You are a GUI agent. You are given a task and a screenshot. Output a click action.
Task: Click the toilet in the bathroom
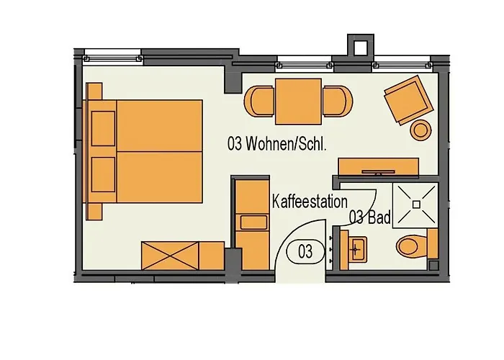(x=413, y=247)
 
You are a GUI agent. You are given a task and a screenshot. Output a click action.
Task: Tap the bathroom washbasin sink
(x=357, y=249)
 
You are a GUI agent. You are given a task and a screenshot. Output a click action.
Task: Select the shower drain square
(x=416, y=204)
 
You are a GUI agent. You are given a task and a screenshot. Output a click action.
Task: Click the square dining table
(x=298, y=102)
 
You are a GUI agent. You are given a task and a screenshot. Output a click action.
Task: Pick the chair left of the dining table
(x=259, y=101)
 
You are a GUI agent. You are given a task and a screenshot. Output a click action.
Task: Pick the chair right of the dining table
(x=338, y=101)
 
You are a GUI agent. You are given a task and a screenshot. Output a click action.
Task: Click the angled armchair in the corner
(x=409, y=99)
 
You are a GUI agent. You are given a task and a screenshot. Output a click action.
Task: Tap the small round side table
(x=420, y=130)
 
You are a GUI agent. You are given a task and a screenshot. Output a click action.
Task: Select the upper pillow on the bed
(x=103, y=129)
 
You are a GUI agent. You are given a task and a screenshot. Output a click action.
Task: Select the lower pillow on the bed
(x=103, y=174)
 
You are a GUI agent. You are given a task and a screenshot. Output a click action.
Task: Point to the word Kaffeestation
(x=310, y=202)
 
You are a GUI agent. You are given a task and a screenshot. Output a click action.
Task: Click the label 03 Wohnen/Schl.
(x=277, y=144)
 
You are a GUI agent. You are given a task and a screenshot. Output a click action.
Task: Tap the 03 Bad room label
(x=369, y=217)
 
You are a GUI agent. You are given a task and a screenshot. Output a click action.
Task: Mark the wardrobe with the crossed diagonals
(x=170, y=256)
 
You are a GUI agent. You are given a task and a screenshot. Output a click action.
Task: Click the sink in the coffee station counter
(x=253, y=222)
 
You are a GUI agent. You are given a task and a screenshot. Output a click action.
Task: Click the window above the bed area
(x=112, y=58)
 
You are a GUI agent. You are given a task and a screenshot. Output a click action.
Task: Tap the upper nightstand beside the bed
(x=94, y=91)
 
